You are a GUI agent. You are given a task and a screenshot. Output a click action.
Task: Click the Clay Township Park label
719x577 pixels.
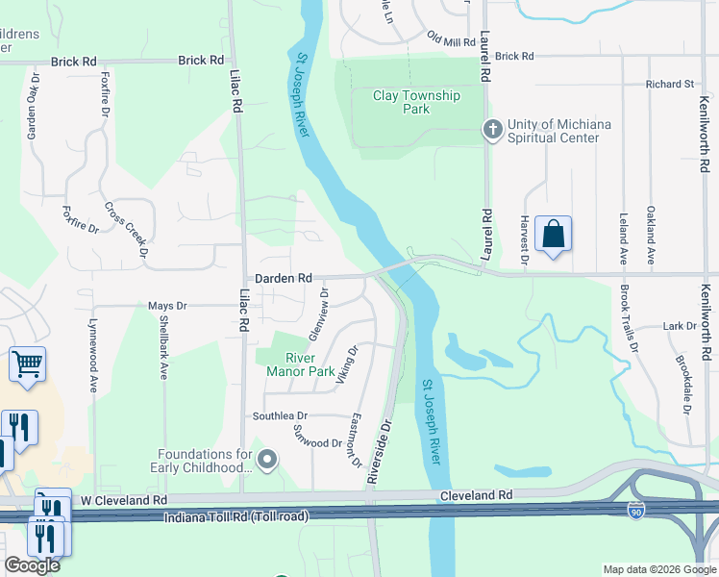(416, 102)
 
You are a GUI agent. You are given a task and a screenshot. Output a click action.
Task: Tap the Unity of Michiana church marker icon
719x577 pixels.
(492, 130)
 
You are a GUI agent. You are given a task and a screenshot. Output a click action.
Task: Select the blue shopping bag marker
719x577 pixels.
(554, 234)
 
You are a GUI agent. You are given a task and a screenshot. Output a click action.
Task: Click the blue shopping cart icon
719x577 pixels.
(27, 364)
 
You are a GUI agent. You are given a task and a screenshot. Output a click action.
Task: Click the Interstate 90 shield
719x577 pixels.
(636, 511)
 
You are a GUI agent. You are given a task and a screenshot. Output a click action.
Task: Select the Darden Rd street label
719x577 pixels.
(283, 277)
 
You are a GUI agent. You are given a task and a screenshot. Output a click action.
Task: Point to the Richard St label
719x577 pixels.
(669, 85)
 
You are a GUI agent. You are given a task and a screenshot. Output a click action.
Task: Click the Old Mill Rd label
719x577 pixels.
(451, 41)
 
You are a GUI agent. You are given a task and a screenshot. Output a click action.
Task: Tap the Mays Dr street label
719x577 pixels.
(167, 306)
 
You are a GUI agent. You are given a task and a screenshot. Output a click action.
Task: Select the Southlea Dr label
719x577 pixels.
(279, 416)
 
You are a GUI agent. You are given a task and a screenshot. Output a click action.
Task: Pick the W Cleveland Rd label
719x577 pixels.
(123, 500)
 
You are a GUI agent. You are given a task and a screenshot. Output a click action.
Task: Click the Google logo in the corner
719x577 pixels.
(32, 565)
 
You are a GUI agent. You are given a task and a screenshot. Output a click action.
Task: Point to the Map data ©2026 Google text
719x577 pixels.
(659, 569)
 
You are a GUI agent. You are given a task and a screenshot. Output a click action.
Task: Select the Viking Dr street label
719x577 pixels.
(347, 366)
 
